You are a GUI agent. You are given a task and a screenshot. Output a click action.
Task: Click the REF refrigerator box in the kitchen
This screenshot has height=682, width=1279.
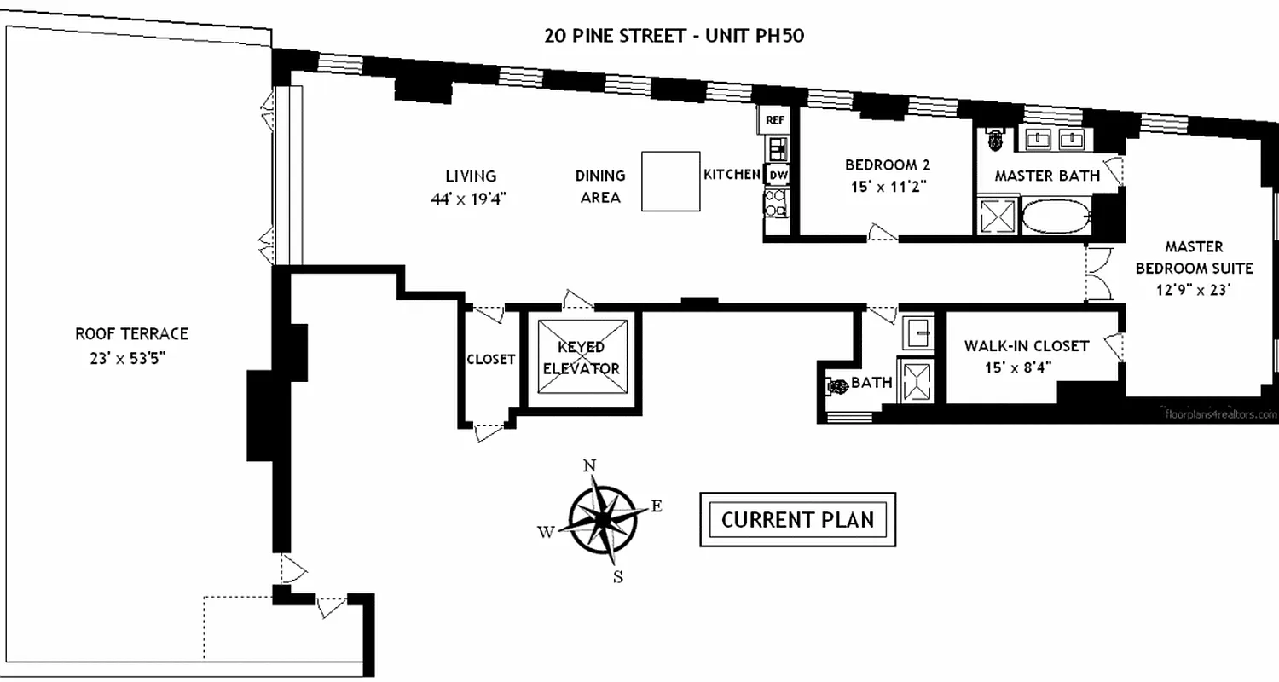774,120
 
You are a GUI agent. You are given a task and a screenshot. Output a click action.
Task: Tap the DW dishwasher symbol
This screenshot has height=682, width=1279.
777,175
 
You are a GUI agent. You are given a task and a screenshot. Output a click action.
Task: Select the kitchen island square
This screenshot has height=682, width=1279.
670,181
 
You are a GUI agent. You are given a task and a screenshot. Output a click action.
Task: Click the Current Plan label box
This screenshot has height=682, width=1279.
797,519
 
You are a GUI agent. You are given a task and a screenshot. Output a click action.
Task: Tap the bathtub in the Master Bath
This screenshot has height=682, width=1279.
1056,217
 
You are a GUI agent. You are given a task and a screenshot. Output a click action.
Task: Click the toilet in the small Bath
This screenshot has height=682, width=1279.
836,385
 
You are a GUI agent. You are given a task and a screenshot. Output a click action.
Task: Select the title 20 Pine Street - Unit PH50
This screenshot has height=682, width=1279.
674,36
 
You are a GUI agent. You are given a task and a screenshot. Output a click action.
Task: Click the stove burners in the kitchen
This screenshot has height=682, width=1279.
776,205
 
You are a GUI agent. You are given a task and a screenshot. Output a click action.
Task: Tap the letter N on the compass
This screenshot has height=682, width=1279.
588,465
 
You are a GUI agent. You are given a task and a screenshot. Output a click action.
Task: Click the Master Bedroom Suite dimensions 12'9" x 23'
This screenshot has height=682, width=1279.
1193,290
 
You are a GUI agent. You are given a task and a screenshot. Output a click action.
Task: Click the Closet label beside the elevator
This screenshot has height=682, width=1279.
490,359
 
